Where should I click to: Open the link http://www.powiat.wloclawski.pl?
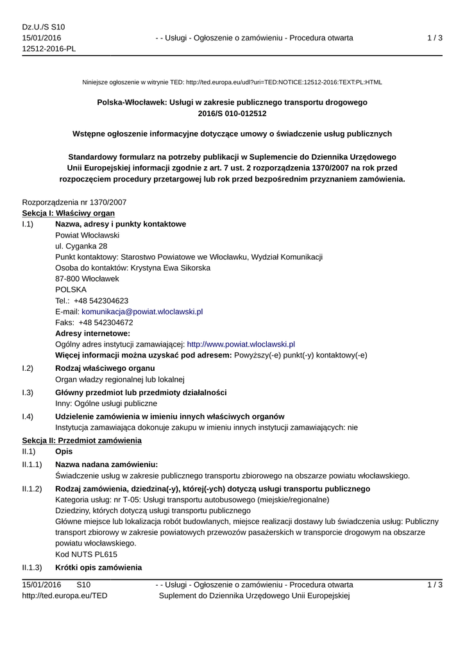[241, 345]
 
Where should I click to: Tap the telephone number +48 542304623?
[101, 301]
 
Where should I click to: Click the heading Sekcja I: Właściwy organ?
[69, 213]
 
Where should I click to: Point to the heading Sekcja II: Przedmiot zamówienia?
[82, 441]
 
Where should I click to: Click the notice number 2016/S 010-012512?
[232, 114]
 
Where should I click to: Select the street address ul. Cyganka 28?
[81, 246]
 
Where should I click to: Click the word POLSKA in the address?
[71, 290]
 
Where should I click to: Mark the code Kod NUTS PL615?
[86, 554]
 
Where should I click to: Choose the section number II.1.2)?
[32, 489]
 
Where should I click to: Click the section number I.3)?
[28, 393]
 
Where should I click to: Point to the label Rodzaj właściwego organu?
[105, 368]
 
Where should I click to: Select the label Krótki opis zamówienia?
[99, 568]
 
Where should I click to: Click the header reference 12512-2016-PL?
[49, 49]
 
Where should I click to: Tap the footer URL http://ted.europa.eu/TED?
[65, 596]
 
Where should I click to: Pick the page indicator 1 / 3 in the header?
[435, 38]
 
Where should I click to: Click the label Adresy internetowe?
[93, 334]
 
